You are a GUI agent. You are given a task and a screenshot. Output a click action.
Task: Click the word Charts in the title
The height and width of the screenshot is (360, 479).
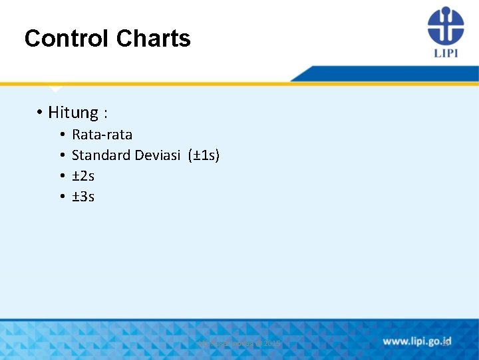point(153,39)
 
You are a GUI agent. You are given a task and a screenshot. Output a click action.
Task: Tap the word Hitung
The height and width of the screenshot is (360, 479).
point(73,113)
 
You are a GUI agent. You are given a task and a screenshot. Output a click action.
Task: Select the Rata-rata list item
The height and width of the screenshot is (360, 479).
point(102,135)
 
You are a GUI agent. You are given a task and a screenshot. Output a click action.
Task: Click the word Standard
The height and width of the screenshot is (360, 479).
point(101,155)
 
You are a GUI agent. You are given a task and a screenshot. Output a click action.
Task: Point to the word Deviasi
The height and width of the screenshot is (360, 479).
point(158,155)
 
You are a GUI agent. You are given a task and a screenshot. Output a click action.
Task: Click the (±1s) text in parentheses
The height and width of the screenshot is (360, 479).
point(204,155)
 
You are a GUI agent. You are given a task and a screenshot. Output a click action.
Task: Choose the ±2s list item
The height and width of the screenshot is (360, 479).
point(83,176)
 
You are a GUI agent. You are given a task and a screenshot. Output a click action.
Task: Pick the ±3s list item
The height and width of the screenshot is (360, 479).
point(83,197)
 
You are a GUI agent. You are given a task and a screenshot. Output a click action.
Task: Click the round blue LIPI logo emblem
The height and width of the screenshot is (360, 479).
point(445,26)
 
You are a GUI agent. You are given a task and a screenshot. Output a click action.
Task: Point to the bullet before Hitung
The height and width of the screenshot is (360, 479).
point(41,113)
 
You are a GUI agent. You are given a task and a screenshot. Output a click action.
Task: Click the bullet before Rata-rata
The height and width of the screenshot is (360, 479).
point(61,135)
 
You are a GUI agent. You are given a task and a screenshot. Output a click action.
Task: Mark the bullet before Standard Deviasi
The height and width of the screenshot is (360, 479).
point(61,155)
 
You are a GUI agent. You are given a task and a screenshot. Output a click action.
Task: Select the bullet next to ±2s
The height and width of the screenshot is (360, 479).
point(61,176)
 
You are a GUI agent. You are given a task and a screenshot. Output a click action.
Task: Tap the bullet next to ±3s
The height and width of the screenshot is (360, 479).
point(61,197)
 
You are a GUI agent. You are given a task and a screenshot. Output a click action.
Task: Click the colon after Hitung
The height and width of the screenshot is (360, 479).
point(106,113)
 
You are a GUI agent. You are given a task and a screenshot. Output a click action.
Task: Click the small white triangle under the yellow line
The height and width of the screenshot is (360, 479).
point(55,89)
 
